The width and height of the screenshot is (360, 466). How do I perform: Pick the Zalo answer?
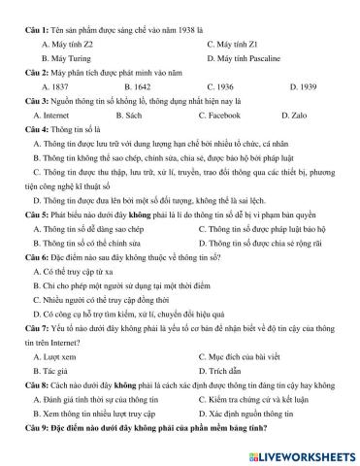[304, 114]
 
